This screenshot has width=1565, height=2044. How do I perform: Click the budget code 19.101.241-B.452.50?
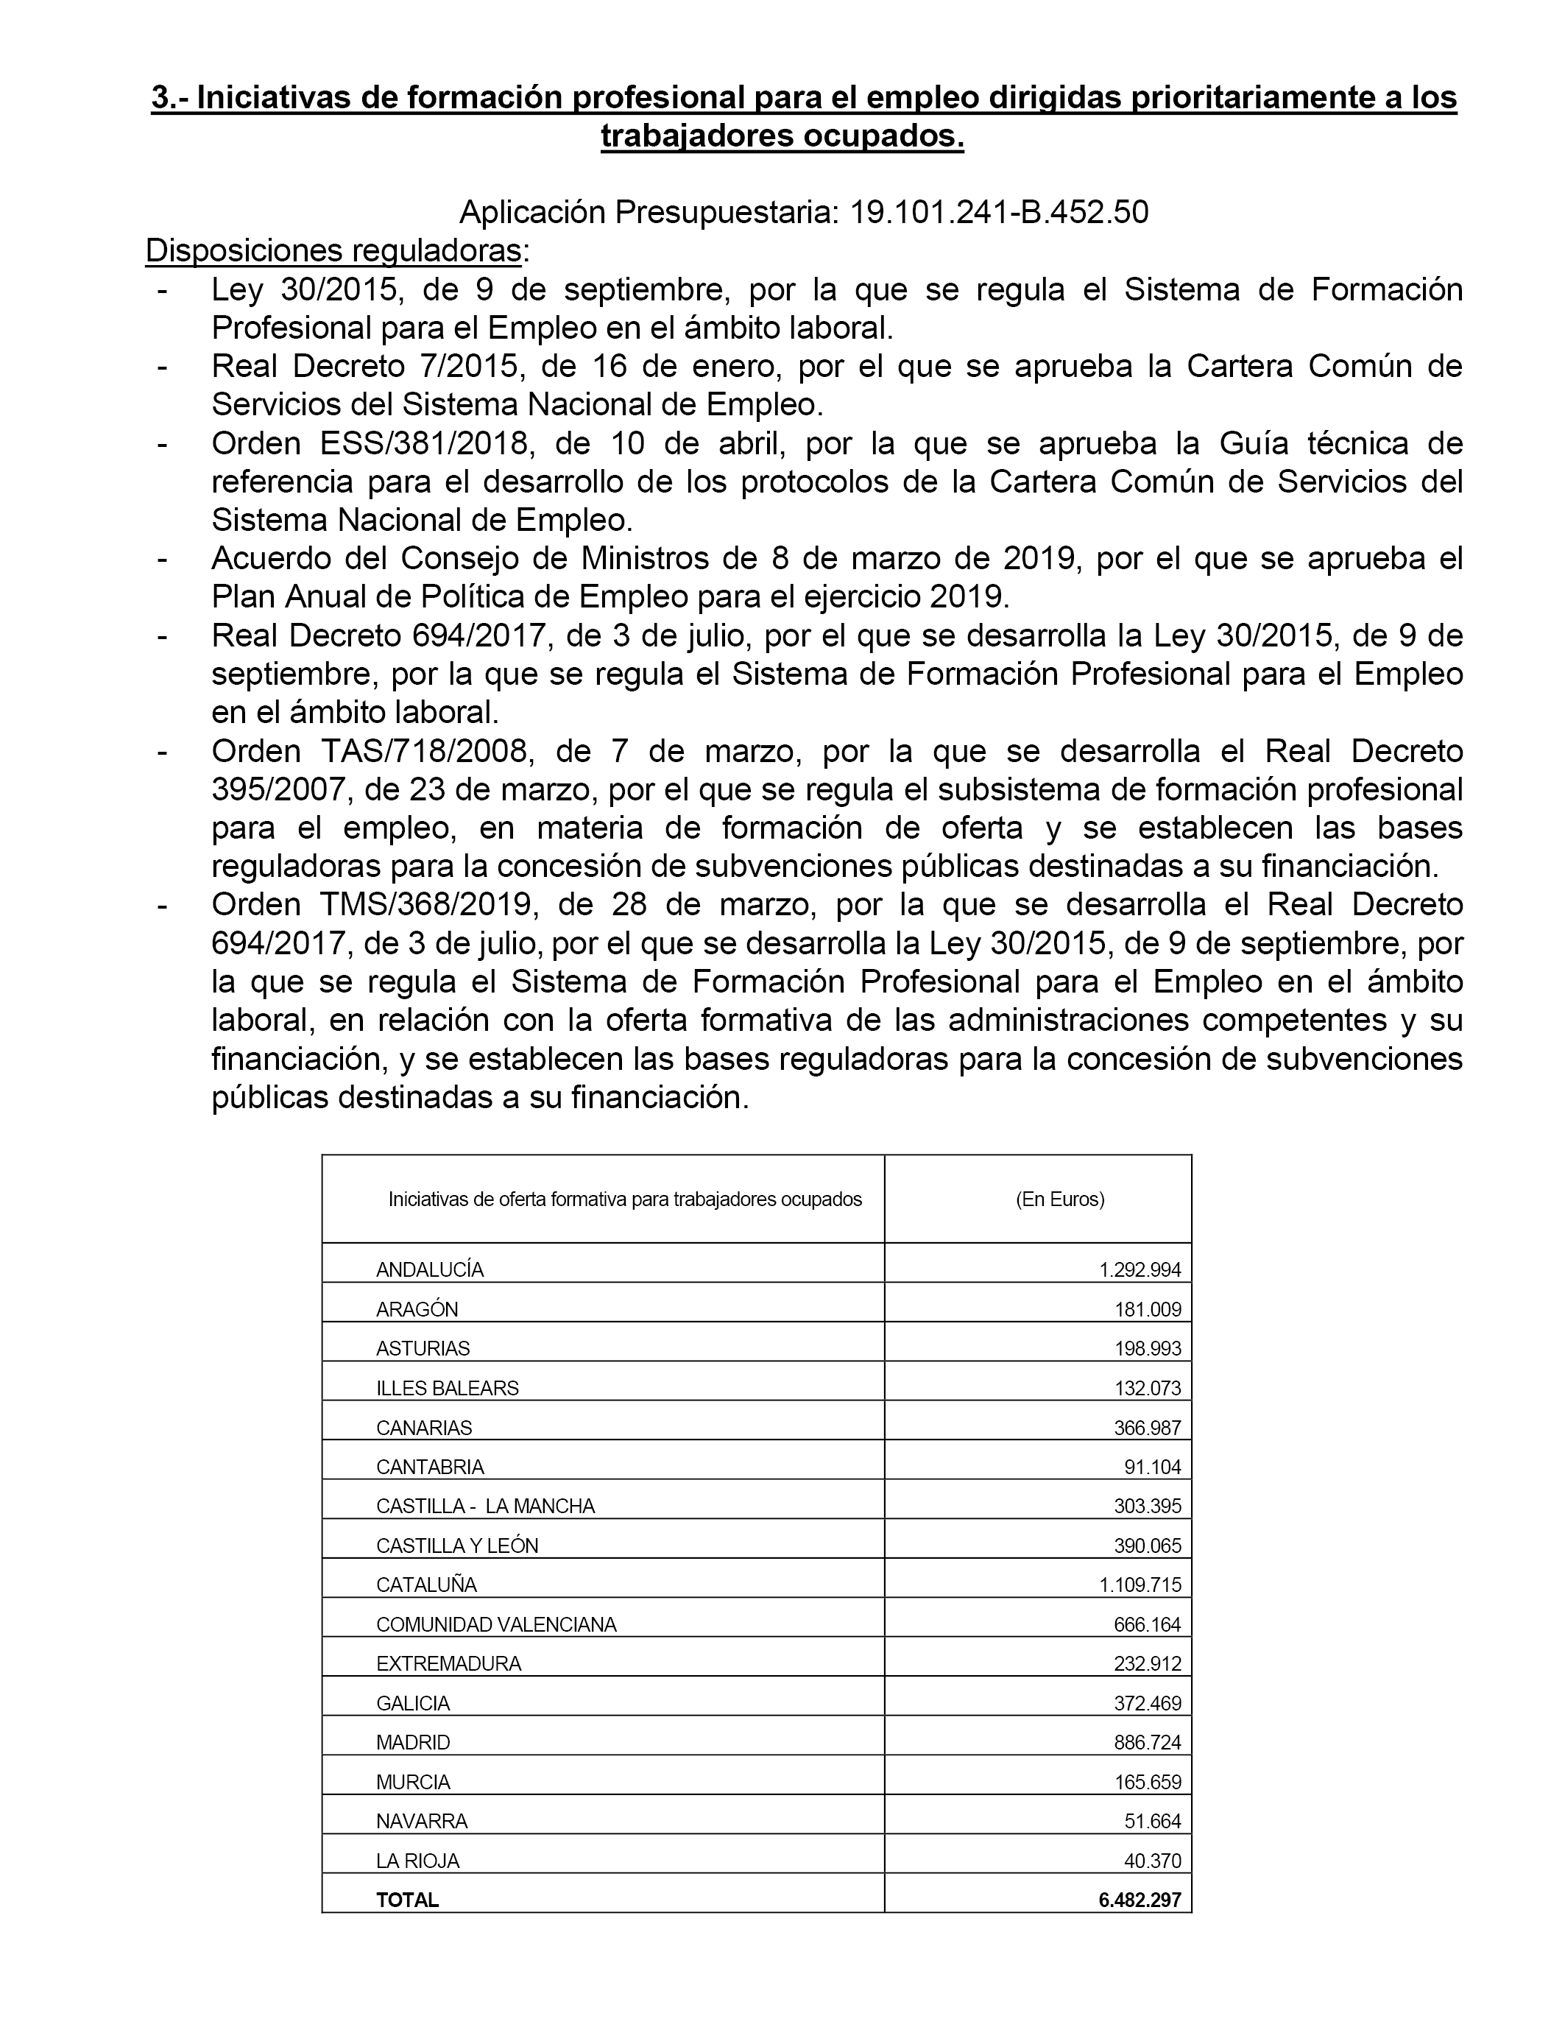999,214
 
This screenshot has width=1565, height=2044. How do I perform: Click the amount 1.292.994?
1140,1270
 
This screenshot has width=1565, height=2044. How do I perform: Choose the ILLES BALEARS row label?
447,1387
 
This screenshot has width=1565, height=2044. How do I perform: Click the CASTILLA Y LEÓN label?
456,1546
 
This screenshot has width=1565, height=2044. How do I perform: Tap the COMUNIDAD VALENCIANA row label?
495,1625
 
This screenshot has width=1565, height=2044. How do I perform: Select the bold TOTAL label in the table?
407,1900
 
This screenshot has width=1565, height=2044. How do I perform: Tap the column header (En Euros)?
1059,1199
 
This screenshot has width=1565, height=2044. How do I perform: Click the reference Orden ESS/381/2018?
372,443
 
